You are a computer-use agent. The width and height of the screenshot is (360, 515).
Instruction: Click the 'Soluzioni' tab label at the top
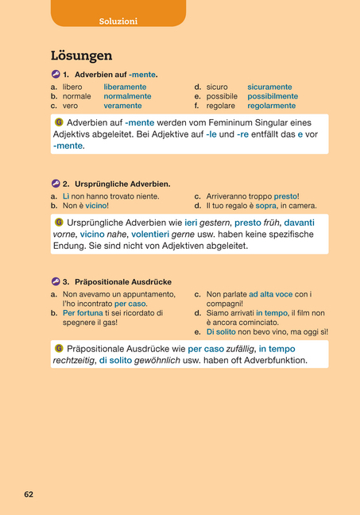[118, 21]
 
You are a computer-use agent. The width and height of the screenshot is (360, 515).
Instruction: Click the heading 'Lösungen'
[81, 56]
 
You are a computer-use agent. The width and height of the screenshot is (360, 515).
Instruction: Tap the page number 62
[29, 494]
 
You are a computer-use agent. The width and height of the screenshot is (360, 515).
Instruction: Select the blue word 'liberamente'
[125, 87]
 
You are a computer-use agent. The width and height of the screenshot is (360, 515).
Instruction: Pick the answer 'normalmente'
[127, 96]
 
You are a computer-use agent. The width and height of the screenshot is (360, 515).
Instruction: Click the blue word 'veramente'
[122, 105]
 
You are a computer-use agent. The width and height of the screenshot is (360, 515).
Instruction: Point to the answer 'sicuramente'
[269, 87]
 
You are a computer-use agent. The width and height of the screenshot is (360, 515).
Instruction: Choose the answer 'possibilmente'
[273, 96]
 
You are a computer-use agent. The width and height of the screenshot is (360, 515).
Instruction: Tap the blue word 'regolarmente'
[272, 105]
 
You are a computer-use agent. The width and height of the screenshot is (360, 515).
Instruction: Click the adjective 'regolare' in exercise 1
[221, 105]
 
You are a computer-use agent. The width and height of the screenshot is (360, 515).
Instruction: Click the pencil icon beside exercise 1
[56, 74]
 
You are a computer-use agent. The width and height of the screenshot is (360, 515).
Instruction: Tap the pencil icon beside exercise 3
[56, 281]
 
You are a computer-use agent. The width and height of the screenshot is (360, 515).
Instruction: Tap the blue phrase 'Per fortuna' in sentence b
[82, 313]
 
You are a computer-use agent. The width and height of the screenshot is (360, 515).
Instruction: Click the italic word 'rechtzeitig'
[73, 360]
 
